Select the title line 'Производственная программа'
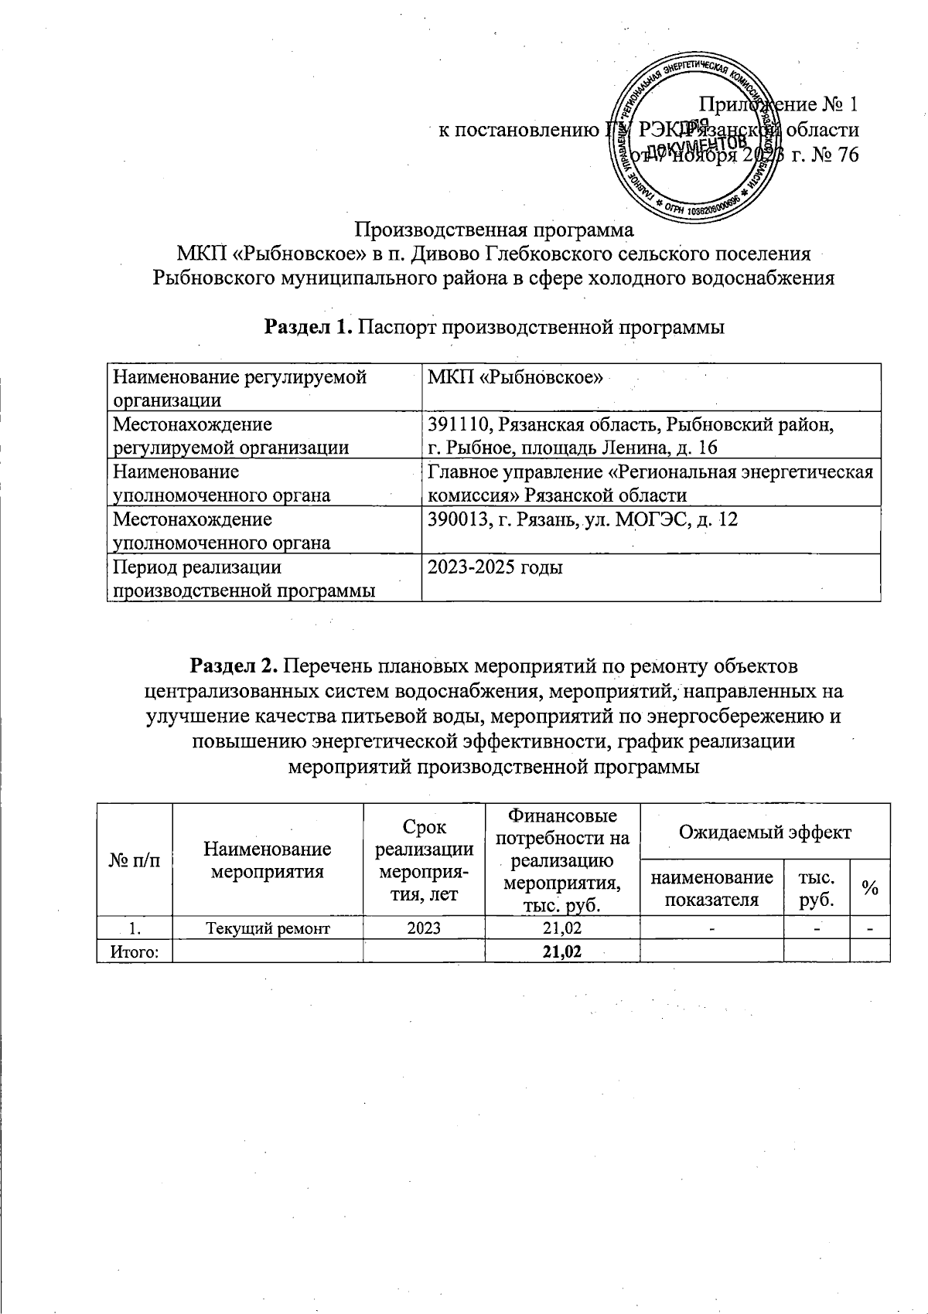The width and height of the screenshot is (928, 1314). [x=494, y=230]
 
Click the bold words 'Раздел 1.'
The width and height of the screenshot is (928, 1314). [x=309, y=327]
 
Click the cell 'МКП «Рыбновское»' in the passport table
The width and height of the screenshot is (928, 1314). [x=515, y=377]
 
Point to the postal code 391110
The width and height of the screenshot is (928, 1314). [x=459, y=424]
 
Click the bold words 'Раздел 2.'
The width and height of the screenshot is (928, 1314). [x=235, y=666]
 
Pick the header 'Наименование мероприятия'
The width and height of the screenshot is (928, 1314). [x=268, y=860]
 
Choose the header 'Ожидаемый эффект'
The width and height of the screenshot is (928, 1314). [x=764, y=832]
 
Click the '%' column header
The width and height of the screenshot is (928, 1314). [x=870, y=888]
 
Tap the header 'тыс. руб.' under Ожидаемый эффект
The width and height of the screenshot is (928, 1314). [x=817, y=888]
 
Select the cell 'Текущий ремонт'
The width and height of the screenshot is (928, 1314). [x=268, y=928]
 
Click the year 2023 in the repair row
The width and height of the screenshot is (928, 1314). [x=424, y=928]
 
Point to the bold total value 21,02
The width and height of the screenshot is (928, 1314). [x=562, y=951]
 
